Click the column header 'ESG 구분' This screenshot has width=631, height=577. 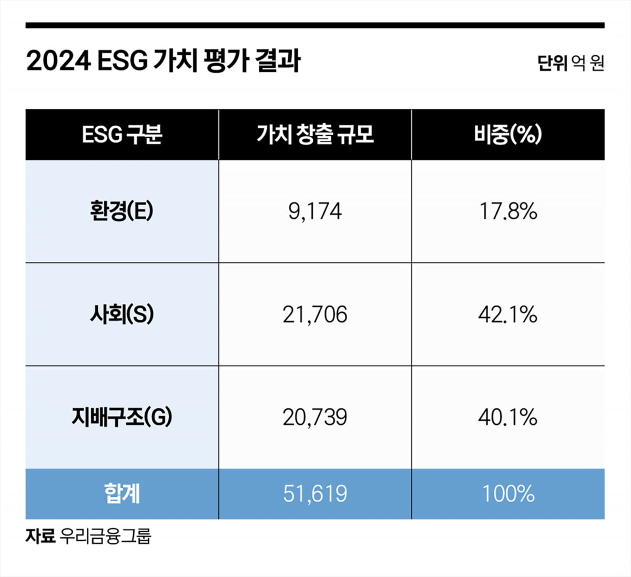[x=122, y=135]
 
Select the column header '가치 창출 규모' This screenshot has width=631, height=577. [x=315, y=135]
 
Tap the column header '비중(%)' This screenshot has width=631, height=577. [x=508, y=135]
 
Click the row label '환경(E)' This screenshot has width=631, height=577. [x=122, y=211]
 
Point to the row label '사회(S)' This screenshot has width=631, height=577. [x=122, y=315]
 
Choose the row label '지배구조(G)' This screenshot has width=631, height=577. [x=122, y=418]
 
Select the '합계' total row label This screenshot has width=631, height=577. [x=122, y=494]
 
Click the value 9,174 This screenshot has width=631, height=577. [x=315, y=211]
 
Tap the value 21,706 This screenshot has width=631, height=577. [x=315, y=315]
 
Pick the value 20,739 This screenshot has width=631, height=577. [x=315, y=418]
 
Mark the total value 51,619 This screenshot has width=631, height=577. [x=315, y=494]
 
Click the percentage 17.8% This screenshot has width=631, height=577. [x=508, y=211]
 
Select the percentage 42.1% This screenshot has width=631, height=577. [x=508, y=315]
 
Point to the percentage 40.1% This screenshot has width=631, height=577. [x=508, y=418]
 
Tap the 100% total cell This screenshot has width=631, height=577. [x=508, y=494]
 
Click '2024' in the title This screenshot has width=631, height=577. [x=58, y=62]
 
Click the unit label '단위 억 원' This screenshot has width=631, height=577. [x=571, y=64]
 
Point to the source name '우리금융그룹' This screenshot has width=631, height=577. [x=105, y=536]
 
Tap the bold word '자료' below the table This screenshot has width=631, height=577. [x=40, y=536]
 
